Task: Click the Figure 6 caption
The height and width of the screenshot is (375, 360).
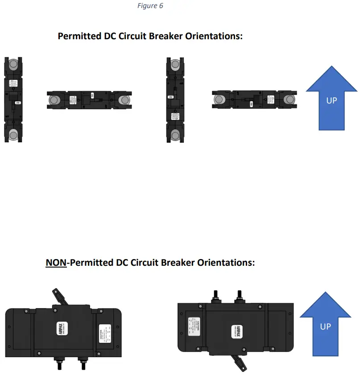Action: (150, 6)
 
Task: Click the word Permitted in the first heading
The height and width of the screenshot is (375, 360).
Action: (81, 36)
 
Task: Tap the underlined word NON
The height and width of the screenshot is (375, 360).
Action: (56, 263)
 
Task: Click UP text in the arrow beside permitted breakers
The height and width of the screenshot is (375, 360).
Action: (331, 100)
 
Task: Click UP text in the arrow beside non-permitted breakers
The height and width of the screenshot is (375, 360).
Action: (326, 326)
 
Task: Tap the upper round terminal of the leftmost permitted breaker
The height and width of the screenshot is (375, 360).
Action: (13, 65)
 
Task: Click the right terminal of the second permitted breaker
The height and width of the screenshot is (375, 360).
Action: (123, 100)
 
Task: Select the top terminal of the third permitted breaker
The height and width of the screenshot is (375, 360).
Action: (175, 65)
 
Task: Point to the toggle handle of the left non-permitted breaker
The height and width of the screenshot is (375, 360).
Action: (59, 296)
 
